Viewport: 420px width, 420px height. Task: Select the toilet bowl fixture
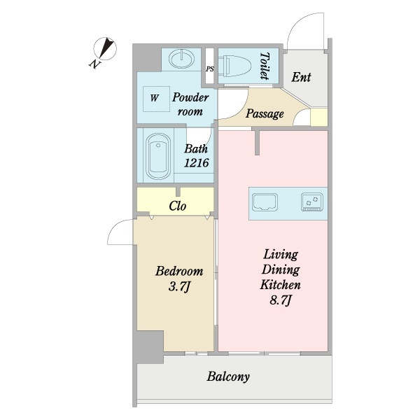[234, 66]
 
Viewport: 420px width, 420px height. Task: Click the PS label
[210, 69]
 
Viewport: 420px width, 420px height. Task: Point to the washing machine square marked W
[156, 99]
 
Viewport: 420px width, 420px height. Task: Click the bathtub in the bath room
[158, 156]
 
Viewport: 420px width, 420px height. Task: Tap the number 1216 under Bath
[196, 163]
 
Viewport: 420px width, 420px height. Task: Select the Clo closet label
[178, 206]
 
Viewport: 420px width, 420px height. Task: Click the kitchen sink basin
[265, 201]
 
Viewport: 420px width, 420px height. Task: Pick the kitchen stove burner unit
[312, 202]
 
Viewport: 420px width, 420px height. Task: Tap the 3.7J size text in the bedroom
[179, 287]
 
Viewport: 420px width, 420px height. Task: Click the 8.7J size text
[280, 301]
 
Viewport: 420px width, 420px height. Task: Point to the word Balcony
[228, 377]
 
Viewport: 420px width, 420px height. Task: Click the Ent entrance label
[301, 77]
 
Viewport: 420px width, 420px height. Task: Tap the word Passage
[265, 113]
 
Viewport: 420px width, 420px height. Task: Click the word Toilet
[265, 66]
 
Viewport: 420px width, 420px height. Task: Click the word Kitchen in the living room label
[280, 285]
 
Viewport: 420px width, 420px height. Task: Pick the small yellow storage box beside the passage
[319, 117]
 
